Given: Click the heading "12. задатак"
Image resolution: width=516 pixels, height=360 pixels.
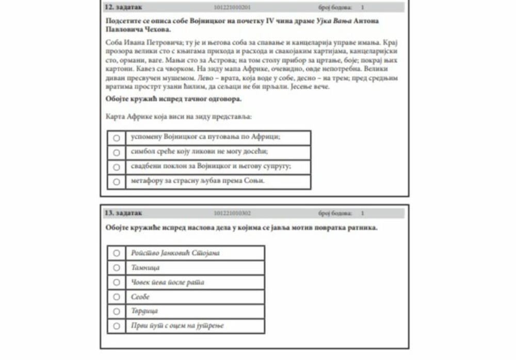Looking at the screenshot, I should point(123,7).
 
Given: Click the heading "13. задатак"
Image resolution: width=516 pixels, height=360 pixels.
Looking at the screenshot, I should point(123,213).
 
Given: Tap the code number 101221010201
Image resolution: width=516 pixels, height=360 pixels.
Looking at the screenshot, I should point(232,8).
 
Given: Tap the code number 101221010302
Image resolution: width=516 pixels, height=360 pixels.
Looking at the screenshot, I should point(232,213).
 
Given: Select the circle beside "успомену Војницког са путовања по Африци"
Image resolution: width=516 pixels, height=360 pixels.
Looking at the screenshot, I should point(117,138).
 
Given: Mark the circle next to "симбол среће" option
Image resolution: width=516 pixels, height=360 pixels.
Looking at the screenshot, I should point(117,153).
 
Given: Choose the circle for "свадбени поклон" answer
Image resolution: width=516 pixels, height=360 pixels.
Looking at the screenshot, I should point(117,167).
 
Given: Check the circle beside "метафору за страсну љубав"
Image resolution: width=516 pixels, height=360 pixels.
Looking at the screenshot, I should point(117,182).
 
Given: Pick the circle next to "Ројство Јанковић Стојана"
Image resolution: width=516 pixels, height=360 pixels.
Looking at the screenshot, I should point(117,253).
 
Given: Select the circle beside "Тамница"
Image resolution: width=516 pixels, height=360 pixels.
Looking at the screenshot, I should point(117,268).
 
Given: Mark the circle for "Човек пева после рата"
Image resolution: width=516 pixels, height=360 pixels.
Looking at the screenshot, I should point(117,282).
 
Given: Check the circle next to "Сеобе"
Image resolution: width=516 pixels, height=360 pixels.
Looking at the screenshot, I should point(117,297).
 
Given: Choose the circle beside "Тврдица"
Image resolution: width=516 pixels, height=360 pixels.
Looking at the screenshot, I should point(117,311).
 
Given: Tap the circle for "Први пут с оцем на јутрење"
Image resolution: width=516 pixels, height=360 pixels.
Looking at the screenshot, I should point(117,326).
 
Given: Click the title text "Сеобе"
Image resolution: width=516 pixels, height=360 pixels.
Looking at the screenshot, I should point(140,297).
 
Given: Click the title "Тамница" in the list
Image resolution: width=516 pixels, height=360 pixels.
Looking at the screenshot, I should point(146,268).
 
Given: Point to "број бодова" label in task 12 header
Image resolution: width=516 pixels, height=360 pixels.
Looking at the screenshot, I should point(335,8).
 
